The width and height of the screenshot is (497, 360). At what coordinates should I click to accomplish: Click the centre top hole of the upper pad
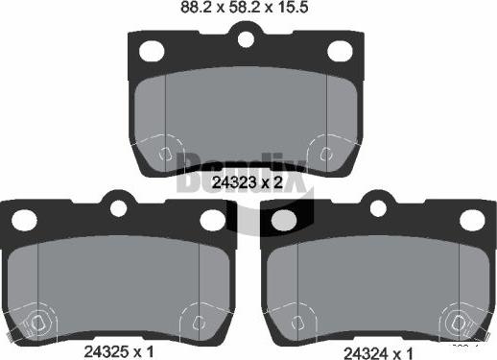pyautogui.click(x=246, y=39)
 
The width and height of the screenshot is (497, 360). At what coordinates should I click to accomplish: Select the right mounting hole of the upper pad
pyautogui.click(x=339, y=51)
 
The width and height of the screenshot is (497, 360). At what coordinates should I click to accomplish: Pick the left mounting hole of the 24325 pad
pyautogui.click(x=23, y=219)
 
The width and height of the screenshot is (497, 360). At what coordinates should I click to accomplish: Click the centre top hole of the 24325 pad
pyautogui.click(x=118, y=206)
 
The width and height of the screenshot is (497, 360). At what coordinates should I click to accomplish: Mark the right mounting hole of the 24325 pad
pyautogui.click(x=211, y=219)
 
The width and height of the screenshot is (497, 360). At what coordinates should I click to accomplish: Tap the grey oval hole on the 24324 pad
pyautogui.click(x=285, y=220)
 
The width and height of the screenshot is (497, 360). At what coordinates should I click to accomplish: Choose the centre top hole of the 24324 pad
pyautogui.click(x=379, y=206)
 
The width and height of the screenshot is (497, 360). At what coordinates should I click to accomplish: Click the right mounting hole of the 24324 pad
pyautogui.click(x=471, y=219)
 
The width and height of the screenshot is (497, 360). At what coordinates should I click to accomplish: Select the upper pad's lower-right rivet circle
pyautogui.click(x=325, y=154)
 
